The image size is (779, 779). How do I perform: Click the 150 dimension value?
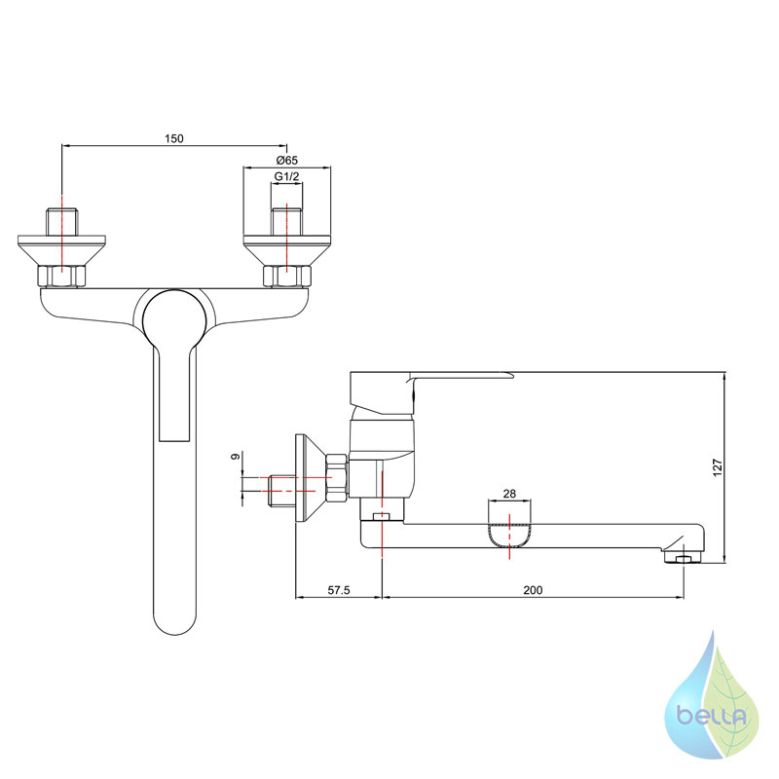pos(174,138)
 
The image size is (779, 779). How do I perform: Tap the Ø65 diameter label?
pos(286,161)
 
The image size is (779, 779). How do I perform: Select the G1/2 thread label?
pos(286,176)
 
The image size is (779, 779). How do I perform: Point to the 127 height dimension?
pos(718,467)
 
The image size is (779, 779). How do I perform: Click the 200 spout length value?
pos(533,590)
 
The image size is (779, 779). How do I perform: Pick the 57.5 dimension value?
pos(339,590)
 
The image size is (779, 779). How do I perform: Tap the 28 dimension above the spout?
pos(509,494)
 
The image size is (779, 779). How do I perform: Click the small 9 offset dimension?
pos(236,456)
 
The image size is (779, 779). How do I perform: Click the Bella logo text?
pos(712,717)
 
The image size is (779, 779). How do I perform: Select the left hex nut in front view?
pos(61,277)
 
